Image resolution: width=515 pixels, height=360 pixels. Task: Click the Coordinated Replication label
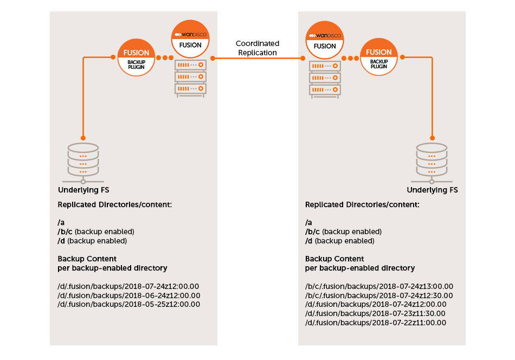257,48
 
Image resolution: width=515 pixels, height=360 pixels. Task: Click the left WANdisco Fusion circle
190,39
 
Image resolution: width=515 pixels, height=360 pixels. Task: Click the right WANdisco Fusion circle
325,39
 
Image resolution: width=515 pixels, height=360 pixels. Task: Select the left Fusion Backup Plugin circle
136,58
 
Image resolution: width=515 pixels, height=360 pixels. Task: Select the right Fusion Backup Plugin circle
379,58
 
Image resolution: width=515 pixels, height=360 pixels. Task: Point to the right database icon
432,163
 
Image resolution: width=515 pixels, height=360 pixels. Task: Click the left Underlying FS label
83,190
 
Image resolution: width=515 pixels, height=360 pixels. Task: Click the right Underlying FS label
432,190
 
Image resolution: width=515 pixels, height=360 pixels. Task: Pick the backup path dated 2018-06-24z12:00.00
129,295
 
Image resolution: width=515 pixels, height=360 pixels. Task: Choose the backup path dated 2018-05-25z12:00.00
129,305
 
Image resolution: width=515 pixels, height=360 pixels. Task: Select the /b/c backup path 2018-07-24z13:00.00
379,286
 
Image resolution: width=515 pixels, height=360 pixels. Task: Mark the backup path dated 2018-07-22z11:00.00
376,323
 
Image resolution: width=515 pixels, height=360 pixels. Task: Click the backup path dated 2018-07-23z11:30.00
376,313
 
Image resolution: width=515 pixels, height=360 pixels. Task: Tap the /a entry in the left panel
61,223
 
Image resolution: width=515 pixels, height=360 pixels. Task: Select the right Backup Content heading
334,259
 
